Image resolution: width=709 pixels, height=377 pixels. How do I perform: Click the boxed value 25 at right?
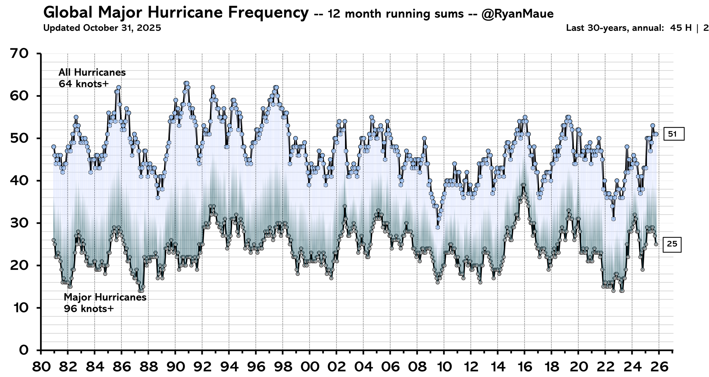(672, 244)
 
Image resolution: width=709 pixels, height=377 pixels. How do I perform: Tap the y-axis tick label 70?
(20, 54)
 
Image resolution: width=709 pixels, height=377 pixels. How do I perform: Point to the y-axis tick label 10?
(20, 308)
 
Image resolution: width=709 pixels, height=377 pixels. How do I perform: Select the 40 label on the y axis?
(20, 181)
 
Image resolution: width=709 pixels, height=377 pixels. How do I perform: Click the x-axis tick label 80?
(41, 366)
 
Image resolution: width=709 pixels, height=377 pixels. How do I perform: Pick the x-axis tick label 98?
(283, 366)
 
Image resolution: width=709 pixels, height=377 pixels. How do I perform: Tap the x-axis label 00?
(310, 366)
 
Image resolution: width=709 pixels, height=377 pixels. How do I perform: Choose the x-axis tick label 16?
(524, 366)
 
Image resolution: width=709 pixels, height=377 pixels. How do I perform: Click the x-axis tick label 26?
(659, 366)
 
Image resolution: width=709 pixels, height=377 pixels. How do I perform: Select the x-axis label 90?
(175, 366)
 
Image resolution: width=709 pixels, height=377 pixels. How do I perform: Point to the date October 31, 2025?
(122, 28)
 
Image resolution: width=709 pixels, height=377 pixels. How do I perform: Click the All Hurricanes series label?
(92, 72)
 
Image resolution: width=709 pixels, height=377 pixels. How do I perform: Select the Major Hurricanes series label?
(105, 297)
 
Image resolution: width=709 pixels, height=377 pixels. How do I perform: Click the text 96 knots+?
(89, 309)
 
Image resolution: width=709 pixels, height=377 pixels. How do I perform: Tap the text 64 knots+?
(83, 84)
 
